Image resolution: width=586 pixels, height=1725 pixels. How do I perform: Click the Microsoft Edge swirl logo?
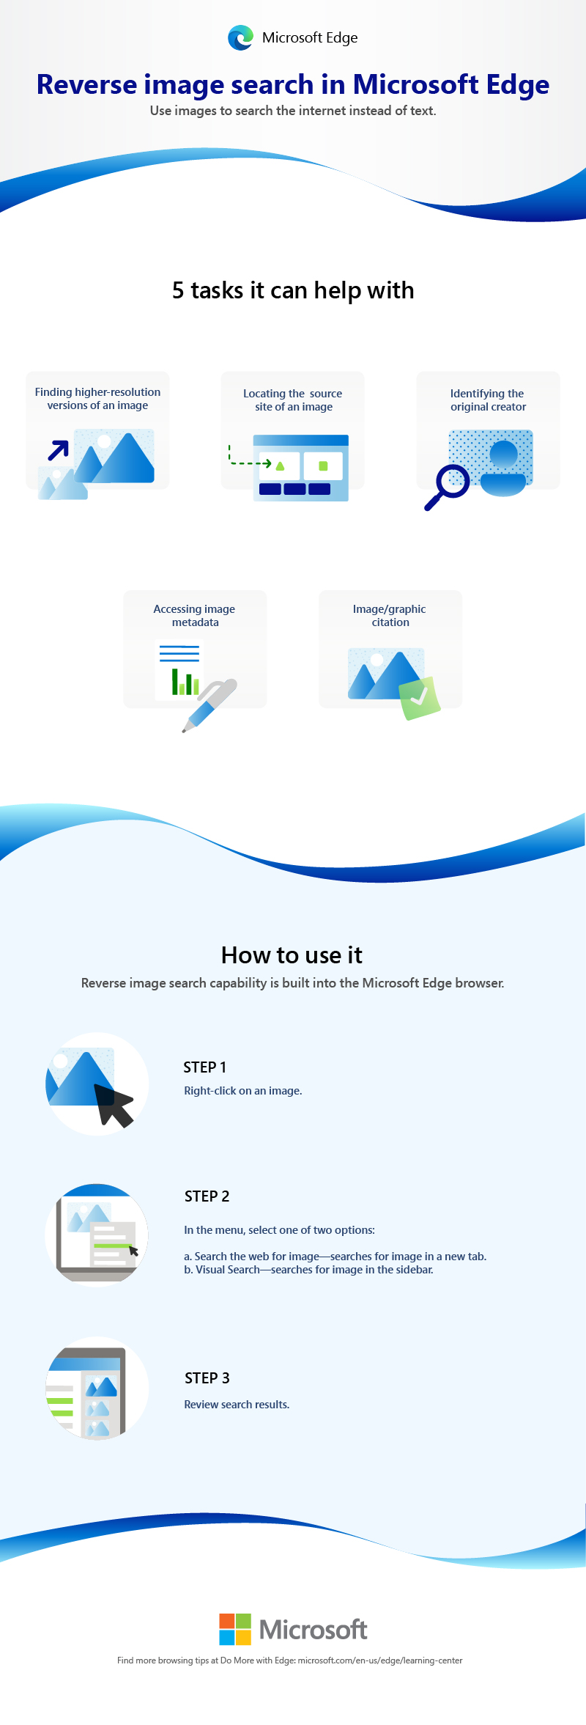240,37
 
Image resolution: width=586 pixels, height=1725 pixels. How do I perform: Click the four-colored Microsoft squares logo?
235,1629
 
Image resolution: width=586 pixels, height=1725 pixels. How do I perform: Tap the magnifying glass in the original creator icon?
447,488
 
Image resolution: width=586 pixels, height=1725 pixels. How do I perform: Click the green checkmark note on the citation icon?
419,698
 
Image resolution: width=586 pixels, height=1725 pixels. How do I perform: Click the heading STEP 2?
207,1196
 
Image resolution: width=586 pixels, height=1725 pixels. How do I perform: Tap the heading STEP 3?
207,1378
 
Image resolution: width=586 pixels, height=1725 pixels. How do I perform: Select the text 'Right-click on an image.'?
243,1091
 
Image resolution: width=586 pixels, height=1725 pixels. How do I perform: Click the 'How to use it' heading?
292,955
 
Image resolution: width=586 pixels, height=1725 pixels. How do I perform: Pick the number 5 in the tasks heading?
178,290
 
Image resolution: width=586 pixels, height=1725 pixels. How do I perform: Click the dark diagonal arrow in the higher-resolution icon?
59,450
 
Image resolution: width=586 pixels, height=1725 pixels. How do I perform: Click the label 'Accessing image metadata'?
195,616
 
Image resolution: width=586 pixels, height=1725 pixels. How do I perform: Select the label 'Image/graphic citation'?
390,616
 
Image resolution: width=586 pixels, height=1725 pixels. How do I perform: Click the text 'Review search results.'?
237,1405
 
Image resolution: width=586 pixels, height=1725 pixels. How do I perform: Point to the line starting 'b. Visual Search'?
308,1270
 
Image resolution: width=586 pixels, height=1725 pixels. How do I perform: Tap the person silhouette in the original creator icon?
503,468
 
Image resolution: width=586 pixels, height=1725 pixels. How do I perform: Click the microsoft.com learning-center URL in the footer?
380,1660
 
